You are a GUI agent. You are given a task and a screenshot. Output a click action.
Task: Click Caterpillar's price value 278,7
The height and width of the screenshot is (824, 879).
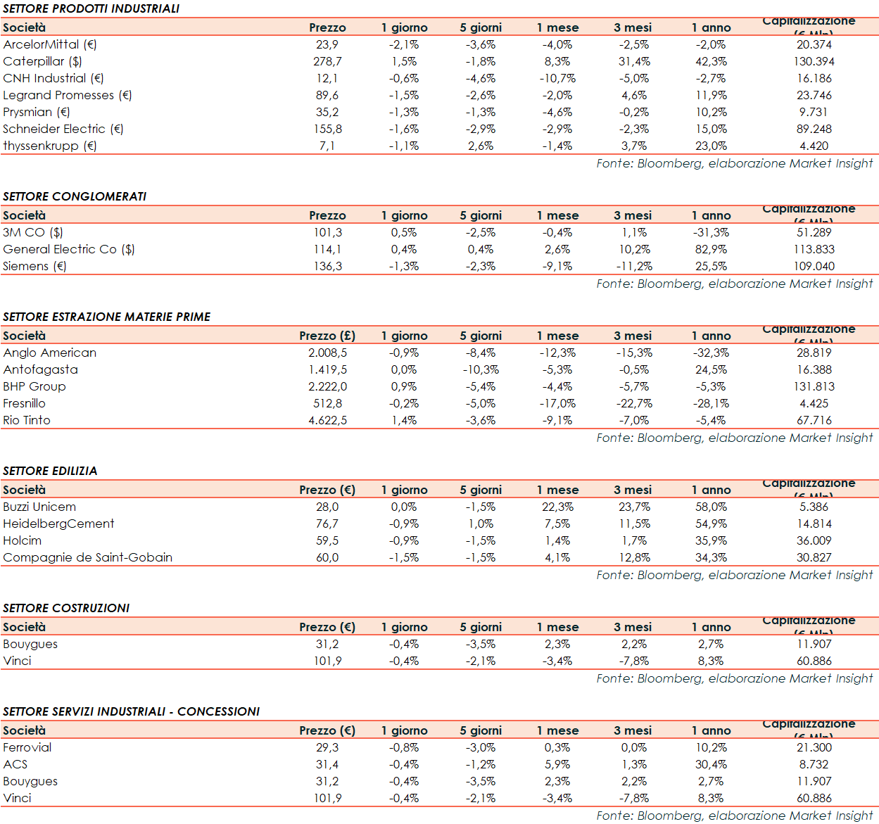pyautogui.click(x=327, y=61)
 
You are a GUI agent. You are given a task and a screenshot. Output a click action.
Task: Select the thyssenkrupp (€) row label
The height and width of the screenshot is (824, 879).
pyautogui.click(x=50, y=146)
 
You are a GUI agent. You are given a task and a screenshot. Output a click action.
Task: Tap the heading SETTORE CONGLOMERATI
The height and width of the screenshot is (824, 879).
pyautogui.click(x=75, y=196)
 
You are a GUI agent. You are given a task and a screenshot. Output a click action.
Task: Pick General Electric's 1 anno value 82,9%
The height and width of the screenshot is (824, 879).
pyautogui.click(x=711, y=249)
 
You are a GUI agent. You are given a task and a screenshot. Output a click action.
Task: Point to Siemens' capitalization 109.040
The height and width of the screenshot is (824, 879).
pyautogui.click(x=814, y=266)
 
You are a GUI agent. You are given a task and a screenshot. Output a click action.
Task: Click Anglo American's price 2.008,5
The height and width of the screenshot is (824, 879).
pyautogui.click(x=327, y=353)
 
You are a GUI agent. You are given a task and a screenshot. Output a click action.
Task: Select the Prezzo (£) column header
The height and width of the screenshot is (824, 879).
pyautogui.click(x=327, y=336)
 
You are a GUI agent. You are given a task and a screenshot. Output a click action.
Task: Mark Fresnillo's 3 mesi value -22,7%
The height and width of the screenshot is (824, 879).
pyautogui.click(x=634, y=403)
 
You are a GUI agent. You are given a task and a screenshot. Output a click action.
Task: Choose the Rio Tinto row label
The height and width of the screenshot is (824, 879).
pyautogui.click(x=27, y=420)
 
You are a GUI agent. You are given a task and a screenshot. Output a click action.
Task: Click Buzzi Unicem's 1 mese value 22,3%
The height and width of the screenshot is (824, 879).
pyautogui.click(x=557, y=507)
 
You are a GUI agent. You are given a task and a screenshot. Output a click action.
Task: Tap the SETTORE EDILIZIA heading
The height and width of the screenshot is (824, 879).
pyautogui.click(x=50, y=471)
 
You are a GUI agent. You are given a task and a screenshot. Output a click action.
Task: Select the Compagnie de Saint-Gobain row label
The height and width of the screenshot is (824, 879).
pyautogui.click(x=88, y=557)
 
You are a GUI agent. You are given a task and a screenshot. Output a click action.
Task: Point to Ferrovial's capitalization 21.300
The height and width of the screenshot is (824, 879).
pyautogui.click(x=814, y=747)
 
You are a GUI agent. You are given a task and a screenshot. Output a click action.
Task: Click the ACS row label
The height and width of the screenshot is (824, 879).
pyautogui.click(x=15, y=764)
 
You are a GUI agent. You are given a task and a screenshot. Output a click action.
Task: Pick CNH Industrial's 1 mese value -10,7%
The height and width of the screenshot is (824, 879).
pyautogui.click(x=557, y=78)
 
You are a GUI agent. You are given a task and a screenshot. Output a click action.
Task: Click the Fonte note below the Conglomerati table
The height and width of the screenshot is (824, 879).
pyautogui.click(x=734, y=284)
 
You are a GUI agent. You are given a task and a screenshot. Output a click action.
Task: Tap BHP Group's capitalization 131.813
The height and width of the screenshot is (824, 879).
pyautogui.click(x=814, y=386)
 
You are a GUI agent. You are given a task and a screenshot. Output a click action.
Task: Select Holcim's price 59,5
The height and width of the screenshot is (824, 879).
pyautogui.click(x=327, y=540)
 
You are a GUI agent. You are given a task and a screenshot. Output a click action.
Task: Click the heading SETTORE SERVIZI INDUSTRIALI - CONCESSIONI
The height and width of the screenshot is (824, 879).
pyautogui.click(x=132, y=711)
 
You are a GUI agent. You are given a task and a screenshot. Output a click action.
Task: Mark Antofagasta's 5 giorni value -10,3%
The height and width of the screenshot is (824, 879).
pyautogui.click(x=481, y=369)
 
